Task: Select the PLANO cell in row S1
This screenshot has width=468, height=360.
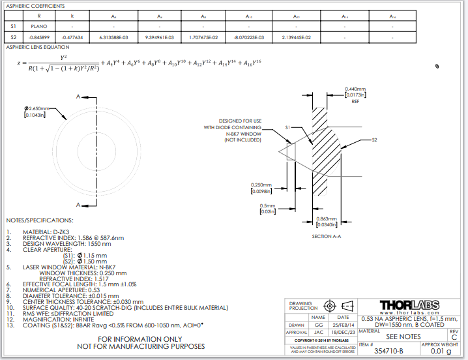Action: pyautogui.click(x=39, y=27)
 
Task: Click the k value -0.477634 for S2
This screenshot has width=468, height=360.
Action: pyautogui.click(x=72, y=38)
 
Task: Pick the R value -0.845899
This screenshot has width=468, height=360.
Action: pyautogui.click(x=39, y=38)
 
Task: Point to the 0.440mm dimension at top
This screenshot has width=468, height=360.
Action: pyautogui.click(x=355, y=89)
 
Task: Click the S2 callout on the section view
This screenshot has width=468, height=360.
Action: pyautogui.click(x=374, y=140)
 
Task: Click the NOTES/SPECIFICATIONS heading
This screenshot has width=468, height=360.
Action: pyautogui.click(x=40, y=220)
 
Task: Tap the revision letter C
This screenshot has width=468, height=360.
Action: pyautogui.click(x=454, y=337)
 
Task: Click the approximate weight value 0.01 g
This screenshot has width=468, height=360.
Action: pyautogui.click(x=441, y=351)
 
